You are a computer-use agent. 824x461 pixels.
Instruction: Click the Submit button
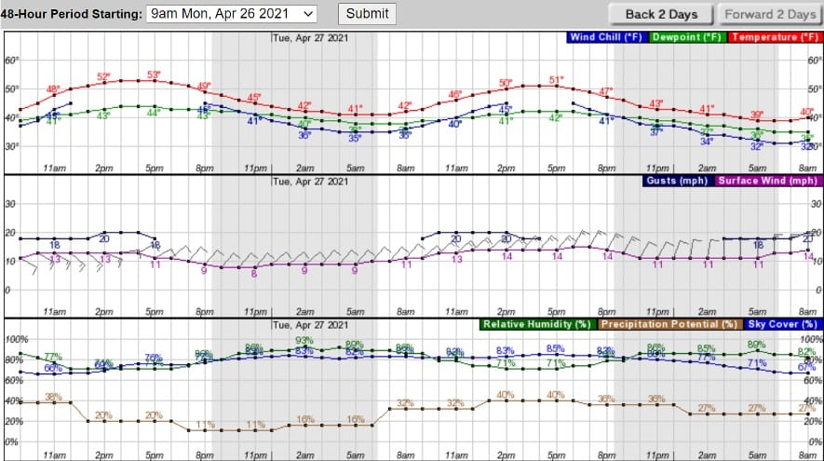click(x=367, y=14)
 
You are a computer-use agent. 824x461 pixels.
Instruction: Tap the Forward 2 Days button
click(x=770, y=14)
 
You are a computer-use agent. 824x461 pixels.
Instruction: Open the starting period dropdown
click(x=232, y=14)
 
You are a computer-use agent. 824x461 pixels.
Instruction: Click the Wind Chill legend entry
click(x=605, y=37)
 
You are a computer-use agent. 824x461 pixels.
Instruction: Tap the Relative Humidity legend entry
click(x=537, y=324)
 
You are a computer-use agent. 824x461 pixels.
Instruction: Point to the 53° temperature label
click(x=154, y=75)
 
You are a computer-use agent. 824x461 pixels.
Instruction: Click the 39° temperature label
click(x=757, y=115)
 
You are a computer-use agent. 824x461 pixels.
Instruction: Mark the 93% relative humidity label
click(x=304, y=341)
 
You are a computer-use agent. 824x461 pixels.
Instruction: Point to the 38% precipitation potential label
click(x=53, y=397)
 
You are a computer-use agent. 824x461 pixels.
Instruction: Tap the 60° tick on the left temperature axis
click(x=12, y=60)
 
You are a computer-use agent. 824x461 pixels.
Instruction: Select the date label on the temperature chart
click(x=308, y=38)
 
